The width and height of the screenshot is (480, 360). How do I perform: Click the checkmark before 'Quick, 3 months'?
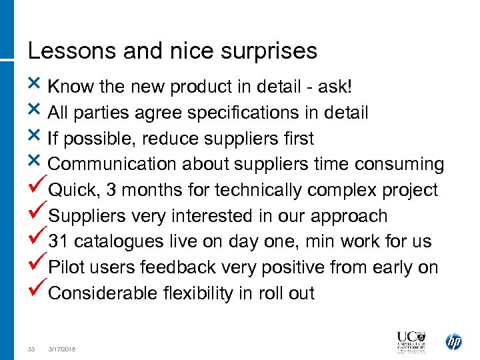tap(38, 189)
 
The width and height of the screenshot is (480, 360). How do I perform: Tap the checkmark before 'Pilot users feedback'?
tap(38, 266)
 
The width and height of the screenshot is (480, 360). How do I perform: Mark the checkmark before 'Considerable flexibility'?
tap(38, 292)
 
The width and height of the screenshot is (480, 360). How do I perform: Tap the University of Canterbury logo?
tap(412, 341)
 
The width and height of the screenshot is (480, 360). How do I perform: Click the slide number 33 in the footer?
tap(31, 349)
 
